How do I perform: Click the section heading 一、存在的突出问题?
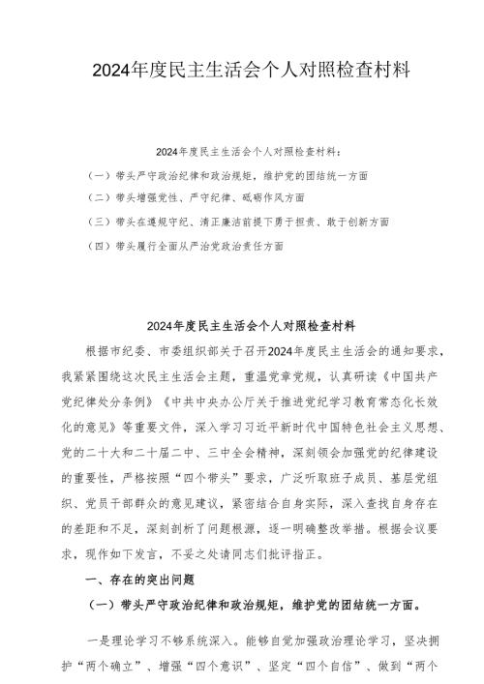point(135,580)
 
